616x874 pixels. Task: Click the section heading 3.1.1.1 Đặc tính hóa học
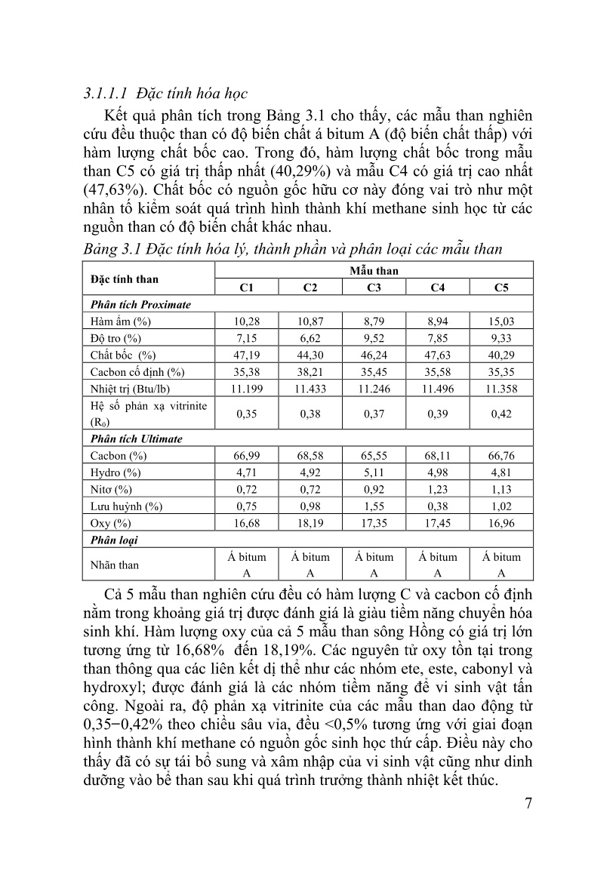[x=165, y=95]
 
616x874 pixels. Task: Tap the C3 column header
[x=374, y=288]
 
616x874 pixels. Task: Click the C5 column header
[x=501, y=288]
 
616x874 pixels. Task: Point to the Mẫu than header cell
[x=374, y=270]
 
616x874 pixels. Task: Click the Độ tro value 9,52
[x=374, y=338]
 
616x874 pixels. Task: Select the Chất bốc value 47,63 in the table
[x=437, y=355]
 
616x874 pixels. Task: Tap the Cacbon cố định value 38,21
[x=310, y=372]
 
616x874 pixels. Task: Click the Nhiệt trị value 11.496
[x=437, y=389]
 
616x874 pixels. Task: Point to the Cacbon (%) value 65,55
[x=374, y=456]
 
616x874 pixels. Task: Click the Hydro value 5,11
[x=374, y=472]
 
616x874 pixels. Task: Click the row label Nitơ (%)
[x=111, y=490]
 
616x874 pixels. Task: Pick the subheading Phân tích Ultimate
[x=136, y=439]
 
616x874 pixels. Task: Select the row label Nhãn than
[x=114, y=565]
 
